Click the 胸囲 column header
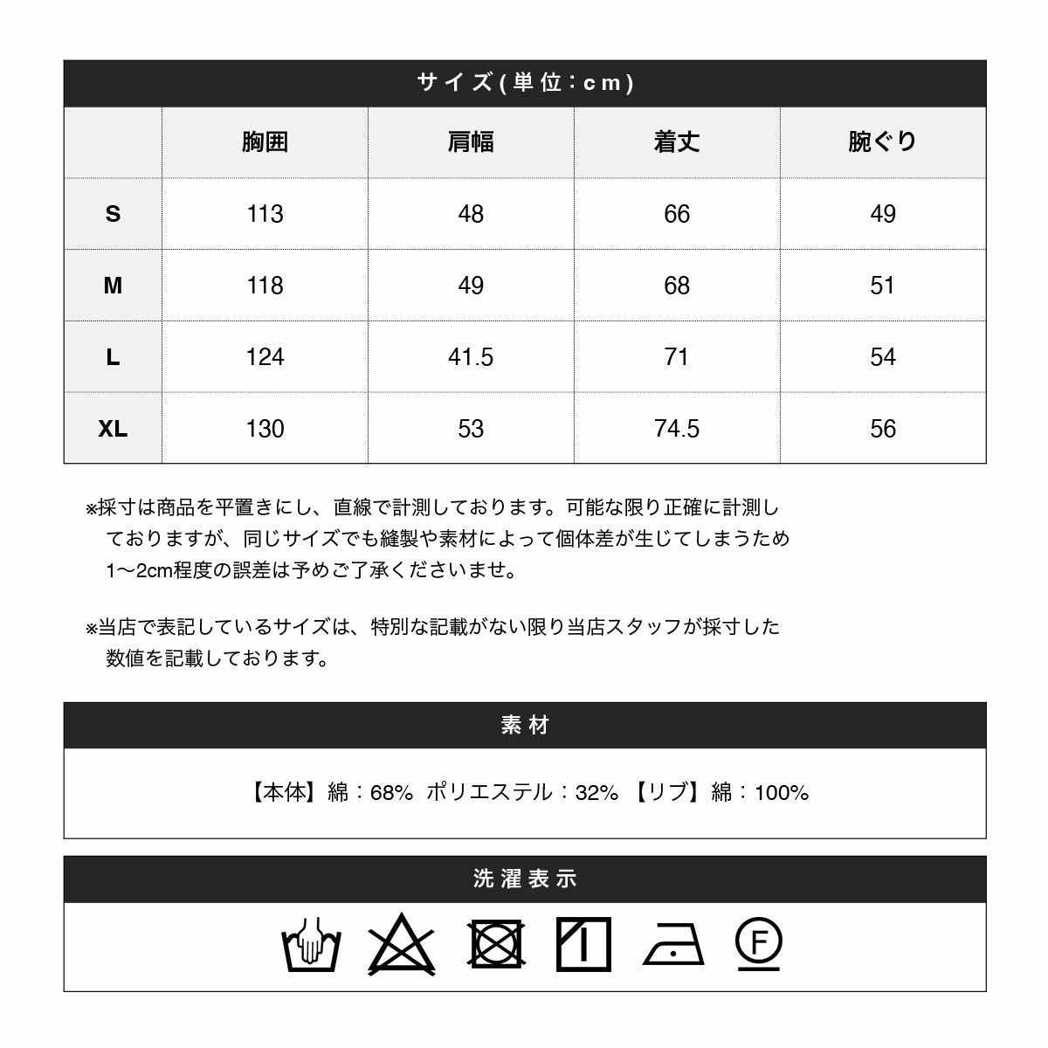tap(265, 142)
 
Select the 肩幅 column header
tap(471, 142)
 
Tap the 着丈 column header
tap(677, 142)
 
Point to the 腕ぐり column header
tap(883, 142)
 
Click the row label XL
tap(113, 429)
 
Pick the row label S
tap(113, 214)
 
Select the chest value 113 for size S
tap(265, 214)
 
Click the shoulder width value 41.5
tap(471, 357)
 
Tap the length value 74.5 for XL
tap(677, 429)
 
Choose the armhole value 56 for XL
tap(883, 429)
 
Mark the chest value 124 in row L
tap(265, 357)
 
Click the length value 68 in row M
tap(677, 286)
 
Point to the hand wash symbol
tap(311, 945)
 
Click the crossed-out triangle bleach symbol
tap(402, 945)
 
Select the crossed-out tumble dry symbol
tap(496, 944)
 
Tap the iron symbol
tap(673, 945)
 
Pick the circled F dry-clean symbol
tap(759, 943)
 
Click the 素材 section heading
tap(525, 726)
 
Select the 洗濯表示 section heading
tap(525, 879)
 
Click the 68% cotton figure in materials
tap(391, 793)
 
